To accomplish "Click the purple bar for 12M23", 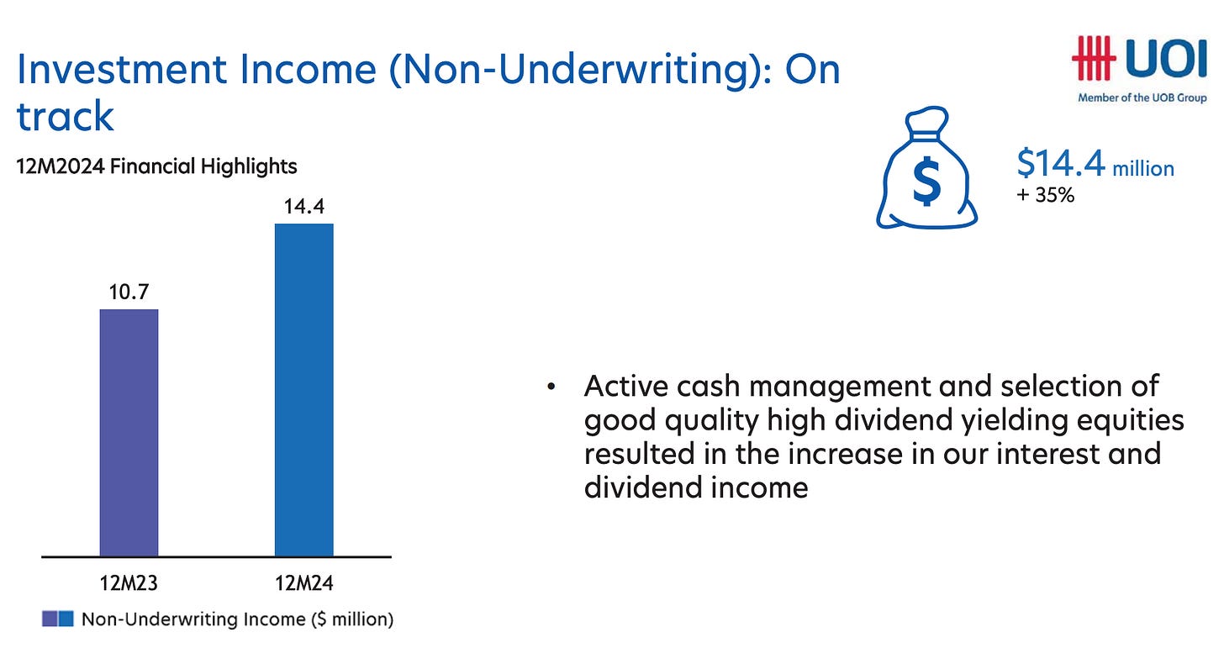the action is pyautogui.click(x=129, y=433).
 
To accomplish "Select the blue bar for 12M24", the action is pyautogui.click(x=303, y=390).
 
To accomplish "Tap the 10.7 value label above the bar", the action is pyautogui.click(x=129, y=292).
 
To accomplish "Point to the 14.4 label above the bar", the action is pyautogui.click(x=303, y=206).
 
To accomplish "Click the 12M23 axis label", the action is pyautogui.click(x=129, y=583).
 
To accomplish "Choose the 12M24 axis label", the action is pyautogui.click(x=303, y=583).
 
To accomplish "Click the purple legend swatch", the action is pyautogui.click(x=50, y=619).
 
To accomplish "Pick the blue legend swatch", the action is pyautogui.click(x=66, y=619).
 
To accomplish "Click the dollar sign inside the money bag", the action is pyautogui.click(x=926, y=181).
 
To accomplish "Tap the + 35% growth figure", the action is pyautogui.click(x=1045, y=195).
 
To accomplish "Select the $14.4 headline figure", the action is pyautogui.click(x=1061, y=163).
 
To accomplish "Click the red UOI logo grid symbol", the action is pyautogui.click(x=1094, y=59).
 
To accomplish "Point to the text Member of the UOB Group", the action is pyautogui.click(x=1142, y=97).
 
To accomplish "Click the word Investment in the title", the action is pyautogui.click(x=122, y=69).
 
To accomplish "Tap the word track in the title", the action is pyautogui.click(x=65, y=116).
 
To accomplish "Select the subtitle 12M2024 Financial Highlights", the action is pyautogui.click(x=156, y=166).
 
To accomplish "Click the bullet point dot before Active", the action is pyautogui.click(x=551, y=387).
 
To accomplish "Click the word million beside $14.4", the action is pyautogui.click(x=1143, y=168).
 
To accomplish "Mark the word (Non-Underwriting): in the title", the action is pyautogui.click(x=580, y=70).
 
